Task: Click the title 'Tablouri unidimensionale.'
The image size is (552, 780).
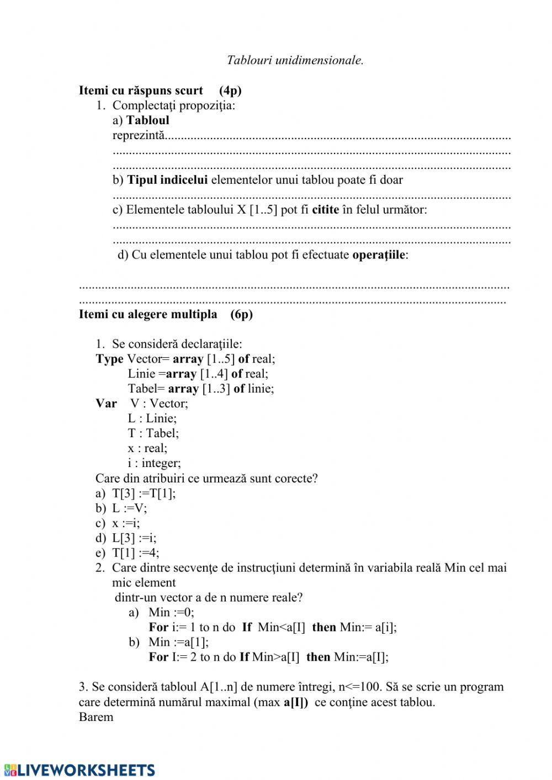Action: click(x=295, y=60)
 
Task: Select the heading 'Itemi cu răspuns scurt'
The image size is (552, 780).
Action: click(x=141, y=91)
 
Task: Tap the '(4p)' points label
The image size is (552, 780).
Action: click(x=230, y=91)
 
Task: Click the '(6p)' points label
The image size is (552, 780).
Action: click(x=242, y=314)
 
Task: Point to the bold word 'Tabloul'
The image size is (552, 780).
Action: click(x=148, y=120)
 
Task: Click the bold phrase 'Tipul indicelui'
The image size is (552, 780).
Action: click(x=168, y=180)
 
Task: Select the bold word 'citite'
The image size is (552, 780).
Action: click(x=325, y=210)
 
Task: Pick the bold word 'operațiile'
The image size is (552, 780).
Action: click(x=379, y=255)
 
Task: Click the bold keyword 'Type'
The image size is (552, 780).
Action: click(x=109, y=359)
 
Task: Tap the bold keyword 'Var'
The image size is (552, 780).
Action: click(x=106, y=404)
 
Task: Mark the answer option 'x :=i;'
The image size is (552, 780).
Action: click(x=126, y=523)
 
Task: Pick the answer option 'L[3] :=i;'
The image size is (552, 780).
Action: click(x=134, y=538)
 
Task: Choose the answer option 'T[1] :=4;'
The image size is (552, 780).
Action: click(x=135, y=553)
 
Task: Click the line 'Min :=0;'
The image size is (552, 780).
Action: click(x=171, y=612)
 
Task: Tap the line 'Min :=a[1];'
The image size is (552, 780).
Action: click(x=178, y=642)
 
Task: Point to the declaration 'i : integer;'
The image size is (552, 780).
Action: click(x=154, y=463)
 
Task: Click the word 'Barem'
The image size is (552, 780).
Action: click(x=96, y=717)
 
